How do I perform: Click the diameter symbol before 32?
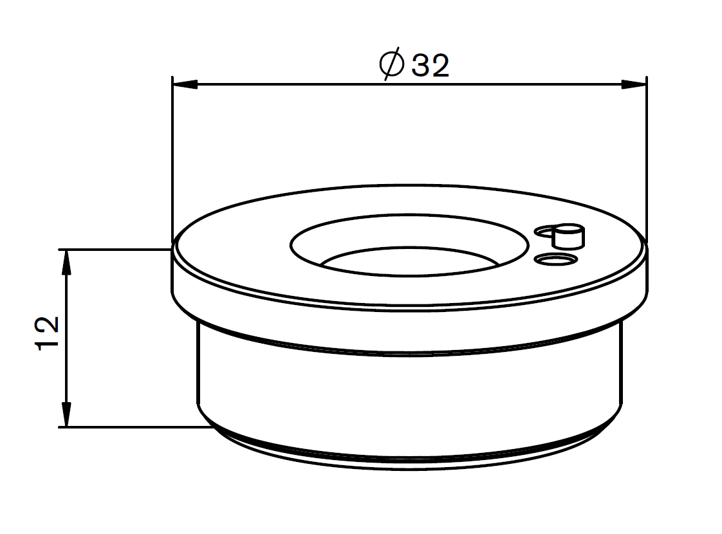[392, 64]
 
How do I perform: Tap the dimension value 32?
[430, 66]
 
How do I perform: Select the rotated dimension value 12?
[49, 333]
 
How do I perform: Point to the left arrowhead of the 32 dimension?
[184, 84]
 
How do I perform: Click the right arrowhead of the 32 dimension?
[634, 84]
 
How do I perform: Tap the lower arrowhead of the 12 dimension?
[66, 416]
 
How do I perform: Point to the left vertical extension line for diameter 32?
[172, 161]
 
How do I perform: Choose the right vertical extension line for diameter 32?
[646, 161]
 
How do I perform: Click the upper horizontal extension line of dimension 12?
[116, 249]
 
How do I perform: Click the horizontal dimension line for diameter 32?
[290, 84]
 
